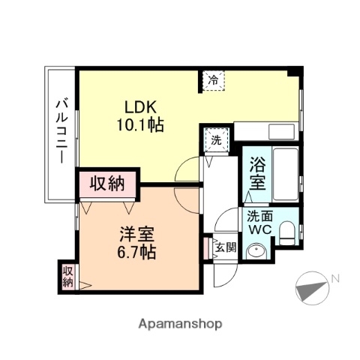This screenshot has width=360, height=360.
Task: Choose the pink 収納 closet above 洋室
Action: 108,183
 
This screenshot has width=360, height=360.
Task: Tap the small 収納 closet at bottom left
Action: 68,276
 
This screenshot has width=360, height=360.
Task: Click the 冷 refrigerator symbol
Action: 212,79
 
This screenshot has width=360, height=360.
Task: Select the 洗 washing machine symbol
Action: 215,139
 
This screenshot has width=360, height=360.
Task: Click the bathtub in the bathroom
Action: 284,175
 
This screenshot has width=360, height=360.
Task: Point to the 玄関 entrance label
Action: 226,247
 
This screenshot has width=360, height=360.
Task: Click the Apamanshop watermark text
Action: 180,324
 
